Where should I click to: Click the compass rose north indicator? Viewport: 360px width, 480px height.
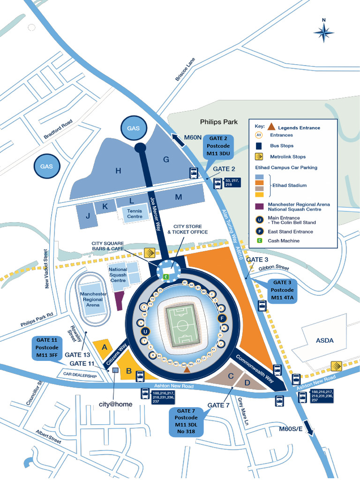point(323,32)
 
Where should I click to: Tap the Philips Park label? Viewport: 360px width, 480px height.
point(219,122)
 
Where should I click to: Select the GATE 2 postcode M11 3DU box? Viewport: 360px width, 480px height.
point(218,146)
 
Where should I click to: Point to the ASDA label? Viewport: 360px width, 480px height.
point(324,340)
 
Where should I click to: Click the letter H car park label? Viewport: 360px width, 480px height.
point(118,171)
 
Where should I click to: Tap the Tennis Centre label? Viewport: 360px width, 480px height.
point(135,214)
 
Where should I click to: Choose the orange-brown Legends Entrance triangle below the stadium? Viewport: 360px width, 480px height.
point(187,370)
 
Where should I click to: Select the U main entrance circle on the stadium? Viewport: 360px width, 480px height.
point(145,331)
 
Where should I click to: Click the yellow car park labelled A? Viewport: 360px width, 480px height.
point(104,347)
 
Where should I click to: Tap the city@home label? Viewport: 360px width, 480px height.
point(115,404)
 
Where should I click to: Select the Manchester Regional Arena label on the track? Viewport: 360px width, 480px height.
point(93,299)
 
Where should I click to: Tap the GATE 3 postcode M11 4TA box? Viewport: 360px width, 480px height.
point(282,290)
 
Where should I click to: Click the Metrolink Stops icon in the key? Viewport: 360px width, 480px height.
point(258,157)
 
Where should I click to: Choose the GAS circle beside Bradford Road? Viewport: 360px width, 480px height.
point(46,166)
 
